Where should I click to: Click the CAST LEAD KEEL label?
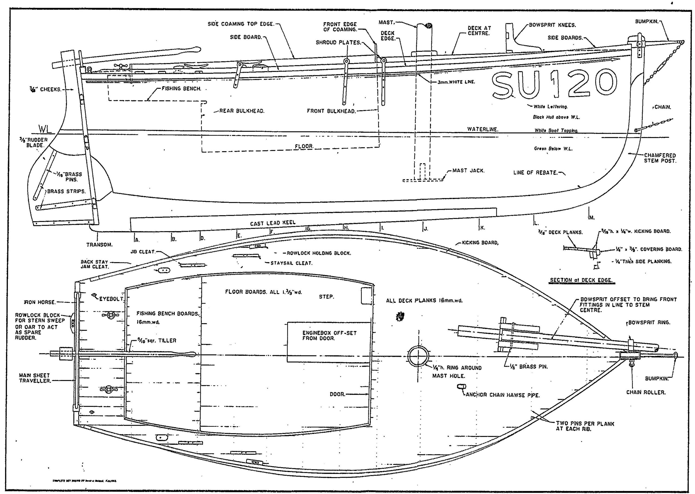point(273,223)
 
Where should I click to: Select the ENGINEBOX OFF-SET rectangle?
point(329,342)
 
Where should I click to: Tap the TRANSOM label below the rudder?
point(99,245)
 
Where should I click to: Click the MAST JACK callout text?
point(468,171)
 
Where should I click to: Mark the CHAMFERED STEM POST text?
point(660,158)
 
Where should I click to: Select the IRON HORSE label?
point(40,302)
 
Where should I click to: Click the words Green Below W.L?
point(553,149)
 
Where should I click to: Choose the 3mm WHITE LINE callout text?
point(456,82)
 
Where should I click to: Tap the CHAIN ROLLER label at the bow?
point(646,392)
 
